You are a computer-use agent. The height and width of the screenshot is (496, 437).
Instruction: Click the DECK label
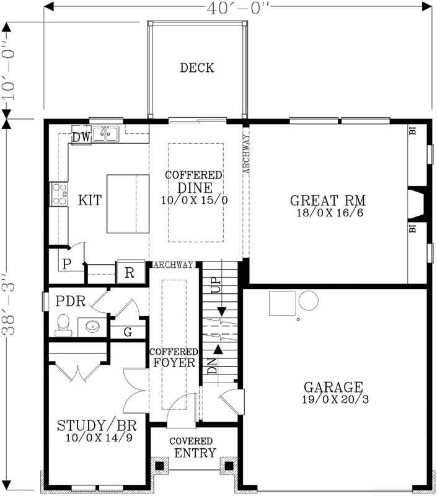[x=197, y=68]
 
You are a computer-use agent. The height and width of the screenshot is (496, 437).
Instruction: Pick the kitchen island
[x=128, y=202]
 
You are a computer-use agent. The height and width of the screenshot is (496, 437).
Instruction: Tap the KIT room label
[x=90, y=201]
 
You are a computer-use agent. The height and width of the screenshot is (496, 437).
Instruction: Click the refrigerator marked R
[x=130, y=272]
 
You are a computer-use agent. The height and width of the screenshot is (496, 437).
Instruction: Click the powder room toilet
[x=62, y=323]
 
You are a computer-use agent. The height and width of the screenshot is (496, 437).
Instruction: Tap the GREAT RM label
[x=327, y=201]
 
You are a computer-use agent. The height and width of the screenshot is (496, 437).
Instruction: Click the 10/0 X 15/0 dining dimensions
[x=194, y=200]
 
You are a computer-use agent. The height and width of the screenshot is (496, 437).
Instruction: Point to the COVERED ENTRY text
[x=194, y=447]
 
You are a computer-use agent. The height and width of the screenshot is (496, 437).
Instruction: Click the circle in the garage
[x=307, y=302]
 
